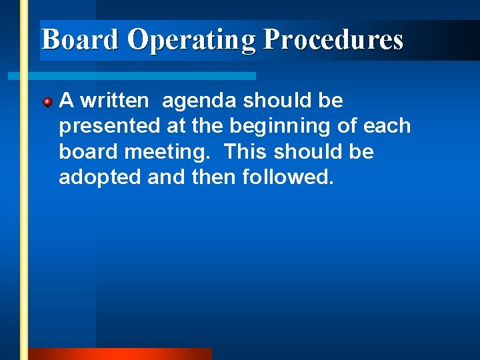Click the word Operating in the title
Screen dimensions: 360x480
pos(191,40)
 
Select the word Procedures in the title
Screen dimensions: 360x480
pos(333,40)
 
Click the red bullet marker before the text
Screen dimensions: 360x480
pos(48,103)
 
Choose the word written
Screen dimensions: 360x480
pos(115,101)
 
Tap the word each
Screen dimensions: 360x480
pos(387,127)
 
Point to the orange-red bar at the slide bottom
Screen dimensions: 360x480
pos(120,354)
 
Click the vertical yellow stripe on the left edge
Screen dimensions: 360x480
pos(24,200)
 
